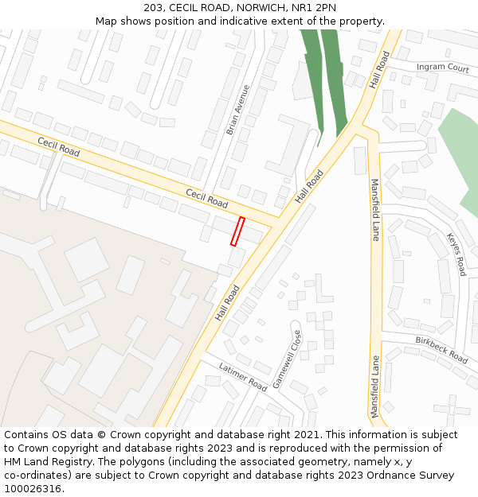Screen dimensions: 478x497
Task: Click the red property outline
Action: click(237, 231)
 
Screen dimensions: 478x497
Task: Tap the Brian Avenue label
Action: click(237, 110)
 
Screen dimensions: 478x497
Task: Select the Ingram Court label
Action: click(442, 68)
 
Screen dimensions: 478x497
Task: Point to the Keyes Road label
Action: click(456, 254)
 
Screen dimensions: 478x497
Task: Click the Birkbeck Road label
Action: click(441, 350)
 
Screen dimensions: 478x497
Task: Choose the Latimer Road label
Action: click(244, 376)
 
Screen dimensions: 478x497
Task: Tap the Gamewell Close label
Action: click(287, 359)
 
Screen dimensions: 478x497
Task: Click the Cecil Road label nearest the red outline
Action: click(207, 199)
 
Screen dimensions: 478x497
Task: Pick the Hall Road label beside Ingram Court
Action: click(381, 70)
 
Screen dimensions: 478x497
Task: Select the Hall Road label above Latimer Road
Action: click(227, 303)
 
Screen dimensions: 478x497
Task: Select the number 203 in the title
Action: click(154, 8)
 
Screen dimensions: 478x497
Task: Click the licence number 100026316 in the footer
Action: click(32, 489)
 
